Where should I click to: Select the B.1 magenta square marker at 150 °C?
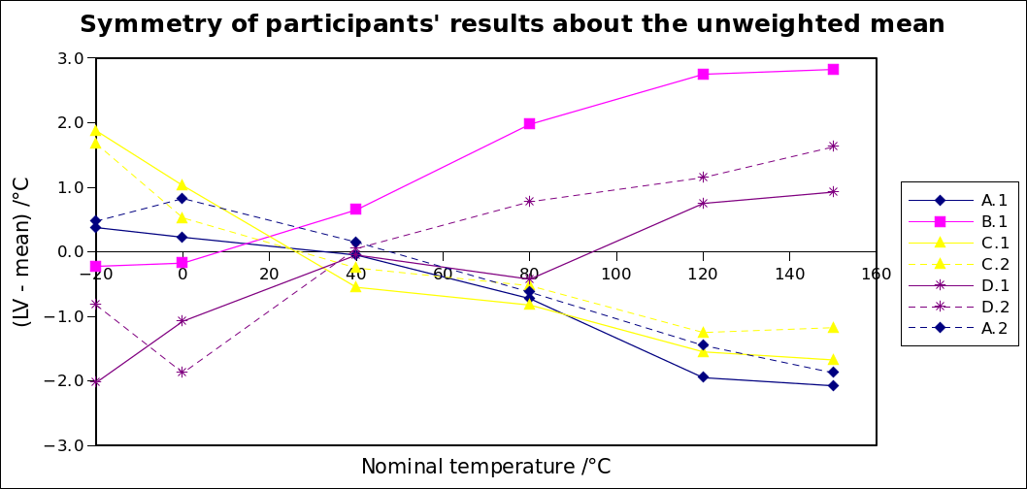click(x=833, y=70)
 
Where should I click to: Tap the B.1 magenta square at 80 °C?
click(x=529, y=124)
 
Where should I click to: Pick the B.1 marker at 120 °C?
click(x=703, y=75)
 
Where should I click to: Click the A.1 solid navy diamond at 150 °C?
click(x=833, y=385)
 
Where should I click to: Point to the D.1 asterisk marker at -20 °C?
click(x=95, y=381)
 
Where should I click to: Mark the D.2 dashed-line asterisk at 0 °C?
click(x=182, y=372)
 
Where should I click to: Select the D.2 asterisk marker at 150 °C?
click(x=833, y=147)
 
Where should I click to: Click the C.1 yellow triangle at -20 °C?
click(x=95, y=131)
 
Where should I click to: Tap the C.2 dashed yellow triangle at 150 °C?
click(x=833, y=328)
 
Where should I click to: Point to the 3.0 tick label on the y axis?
click(x=69, y=58)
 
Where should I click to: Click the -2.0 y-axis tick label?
click(x=66, y=381)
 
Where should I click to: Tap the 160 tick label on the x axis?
click(x=877, y=275)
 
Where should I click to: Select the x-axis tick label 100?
click(x=616, y=275)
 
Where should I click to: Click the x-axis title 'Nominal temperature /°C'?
click(x=486, y=467)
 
